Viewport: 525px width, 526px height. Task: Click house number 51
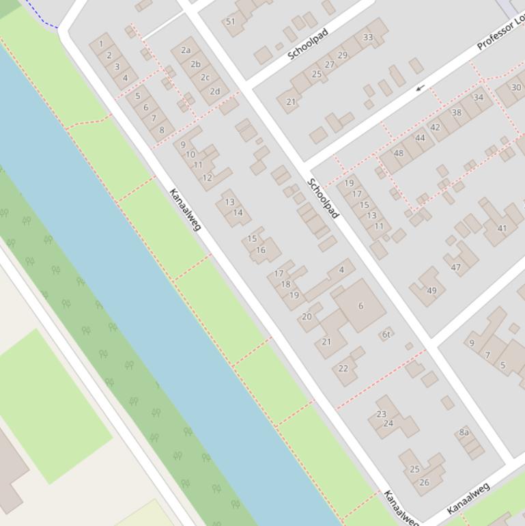[231, 21]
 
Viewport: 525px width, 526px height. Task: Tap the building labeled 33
[368, 37]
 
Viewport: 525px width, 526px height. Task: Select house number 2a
[186, 50]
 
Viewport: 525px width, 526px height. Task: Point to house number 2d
[215, 91]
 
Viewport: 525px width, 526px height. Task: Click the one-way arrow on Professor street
[421, 87]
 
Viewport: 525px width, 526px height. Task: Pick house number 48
[399, 153]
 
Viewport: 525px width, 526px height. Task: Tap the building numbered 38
[457, 113]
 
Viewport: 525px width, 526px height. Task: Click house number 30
[516, 87]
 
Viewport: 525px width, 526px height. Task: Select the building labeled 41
[502, 228]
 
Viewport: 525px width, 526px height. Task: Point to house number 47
[456, 267]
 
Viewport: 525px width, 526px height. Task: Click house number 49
[431, 290]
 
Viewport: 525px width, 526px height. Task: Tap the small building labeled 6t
[386, 334]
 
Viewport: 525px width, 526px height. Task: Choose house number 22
[343, 368]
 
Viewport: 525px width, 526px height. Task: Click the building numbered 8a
[464, 432]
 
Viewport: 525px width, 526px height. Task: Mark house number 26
[425, 482]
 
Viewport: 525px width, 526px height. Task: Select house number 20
[307, 316]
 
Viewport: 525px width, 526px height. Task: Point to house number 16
[261, 250]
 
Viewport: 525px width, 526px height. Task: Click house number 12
[207, 178]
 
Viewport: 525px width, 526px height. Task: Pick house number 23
[382, 414]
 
